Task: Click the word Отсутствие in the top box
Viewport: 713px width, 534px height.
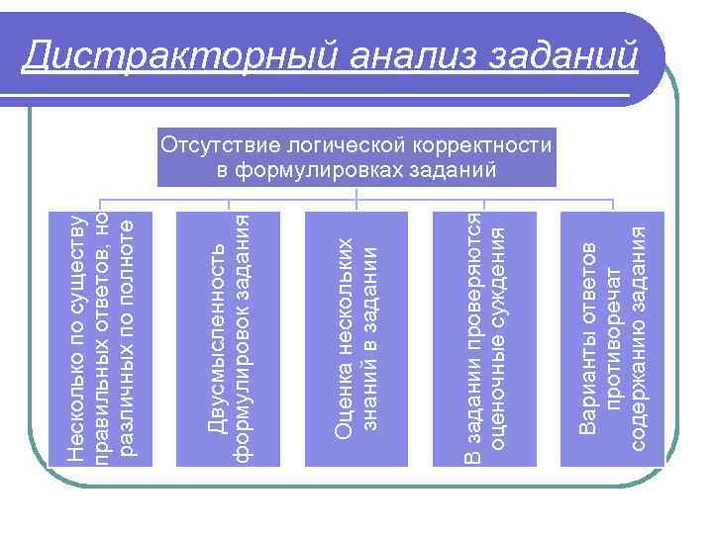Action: click(x=215, y=146)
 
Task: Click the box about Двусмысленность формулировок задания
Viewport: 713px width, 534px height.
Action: click(x=229, y=338)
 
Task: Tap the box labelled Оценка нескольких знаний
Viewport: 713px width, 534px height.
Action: click(x=356, y=338)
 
